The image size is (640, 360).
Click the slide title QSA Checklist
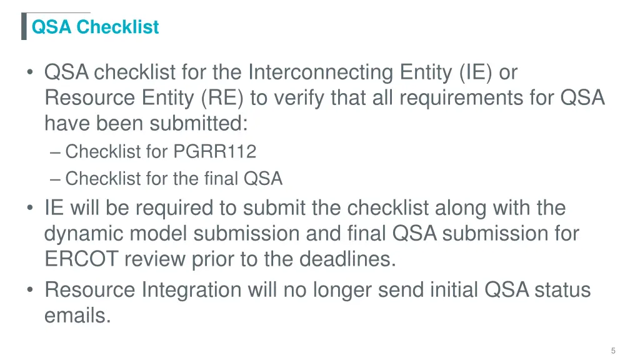[95, 27]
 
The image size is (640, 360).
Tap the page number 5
[614, 351]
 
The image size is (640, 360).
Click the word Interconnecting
[321, 73]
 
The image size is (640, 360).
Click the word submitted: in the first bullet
[199, 124]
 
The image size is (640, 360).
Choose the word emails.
[77, 316]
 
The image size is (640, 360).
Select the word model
[159, 234]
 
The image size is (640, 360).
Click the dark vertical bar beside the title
[24, 26]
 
